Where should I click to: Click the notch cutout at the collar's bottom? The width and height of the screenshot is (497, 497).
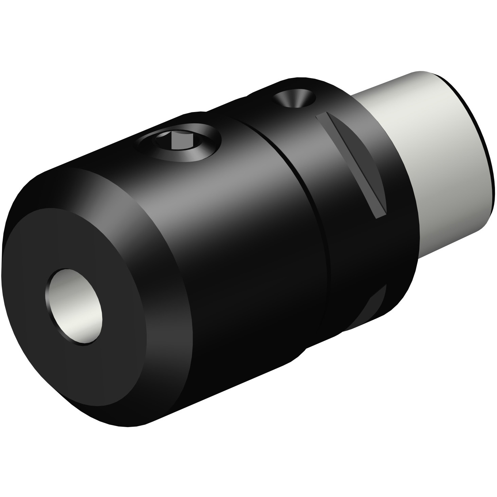(x=373, y=306)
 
